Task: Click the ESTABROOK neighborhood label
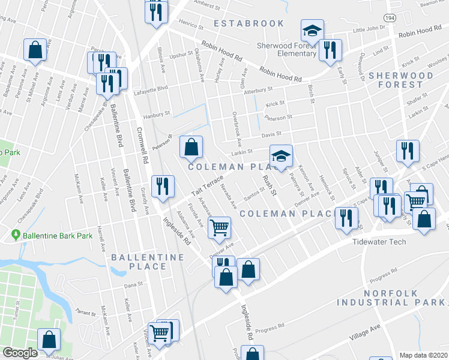249,23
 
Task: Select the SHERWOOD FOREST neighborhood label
400,80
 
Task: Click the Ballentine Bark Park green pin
15,235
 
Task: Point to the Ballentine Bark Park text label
58,236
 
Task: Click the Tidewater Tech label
379,242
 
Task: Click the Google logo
20,353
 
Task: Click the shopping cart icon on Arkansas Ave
220,227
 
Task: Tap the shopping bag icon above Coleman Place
191,147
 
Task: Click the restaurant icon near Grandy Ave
162,186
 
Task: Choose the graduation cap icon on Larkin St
280,156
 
